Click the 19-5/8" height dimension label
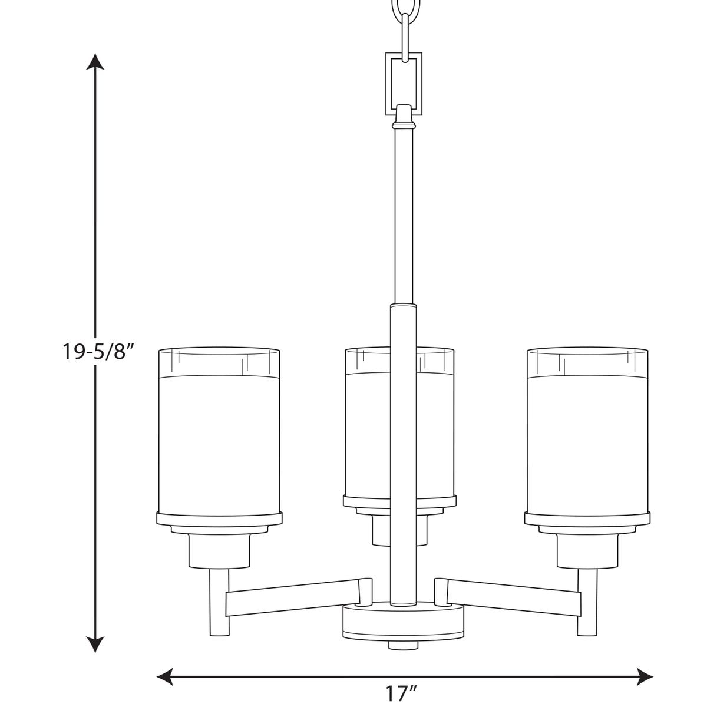coord(97,352)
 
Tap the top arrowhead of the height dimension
coord(95,62)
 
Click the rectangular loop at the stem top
coord(388,84)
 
